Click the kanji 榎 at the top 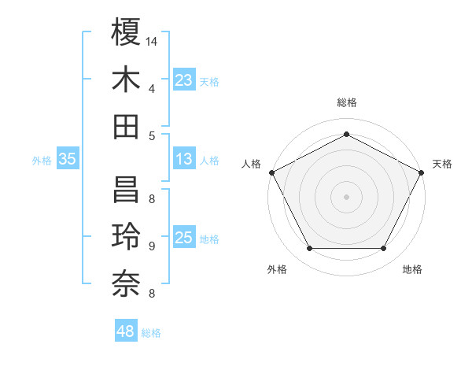[x=126, y=33]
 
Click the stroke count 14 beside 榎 [x=152, y=41]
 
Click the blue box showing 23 [x=184, y=80]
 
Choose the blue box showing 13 [x=184, y=160]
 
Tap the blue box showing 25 [x=184, y=239]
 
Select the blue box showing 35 [x=67, y=160]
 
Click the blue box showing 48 [x=126, y=331]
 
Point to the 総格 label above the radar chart [x=346, y=103]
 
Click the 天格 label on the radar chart [x=442, y=164]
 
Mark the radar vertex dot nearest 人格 [x=271, y=172]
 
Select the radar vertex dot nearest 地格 [x=384, y=249]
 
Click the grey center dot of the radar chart [x=346, y=196]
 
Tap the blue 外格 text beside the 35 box [x=42, y=161]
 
